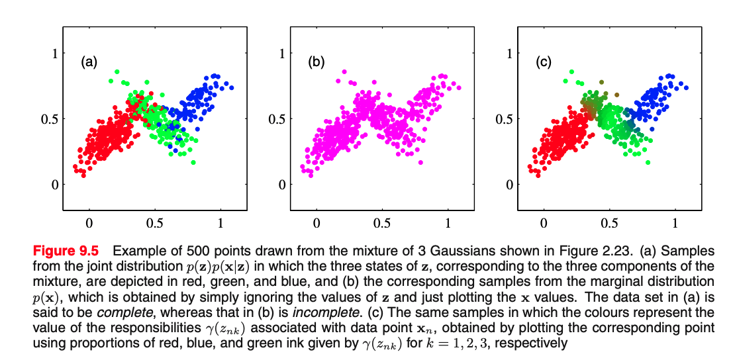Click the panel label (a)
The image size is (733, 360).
click(89, 63)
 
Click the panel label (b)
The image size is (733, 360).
click(316, 63)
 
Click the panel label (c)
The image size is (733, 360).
click(543, 63)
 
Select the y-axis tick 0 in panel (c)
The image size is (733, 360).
click(510, 185)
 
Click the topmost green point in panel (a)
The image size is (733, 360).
click(117, 71)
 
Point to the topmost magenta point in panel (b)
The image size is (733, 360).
click(344, 71)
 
